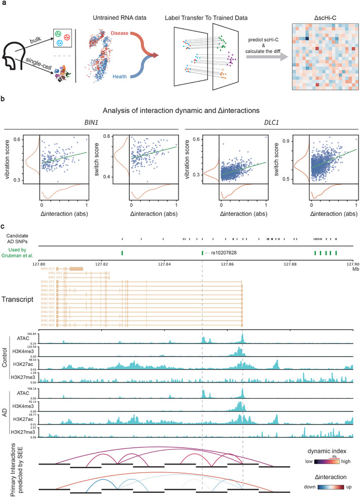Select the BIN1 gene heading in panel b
point(89,128)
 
